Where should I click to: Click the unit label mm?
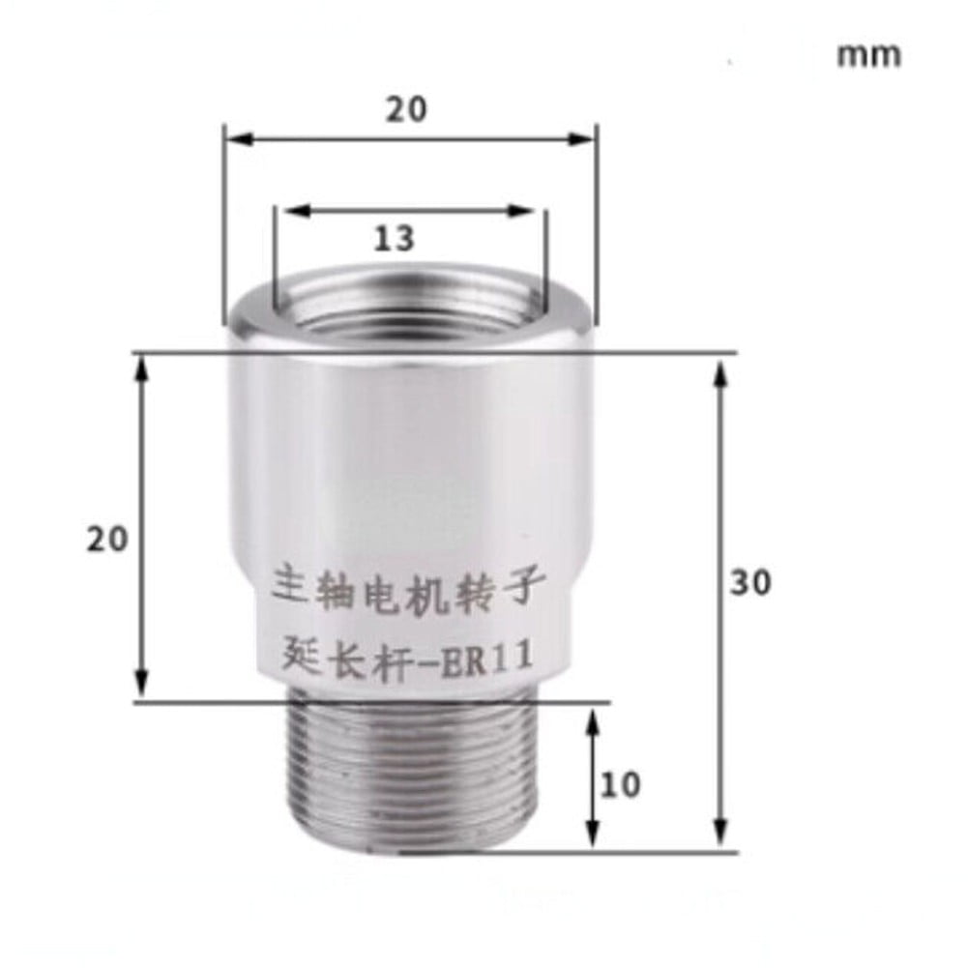pyautogui.click(x=868, y=54)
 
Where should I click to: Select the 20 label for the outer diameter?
pyautogui.click(x=406, y=110)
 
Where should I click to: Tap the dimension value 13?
pyautogui.click(x=396, y=238)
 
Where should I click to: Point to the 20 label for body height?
pyautogui.click(x=107, y=540)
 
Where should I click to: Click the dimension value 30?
pyautogui.click(x=750, y=582)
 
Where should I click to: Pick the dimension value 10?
pyautogui.click(x=621, y=784)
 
